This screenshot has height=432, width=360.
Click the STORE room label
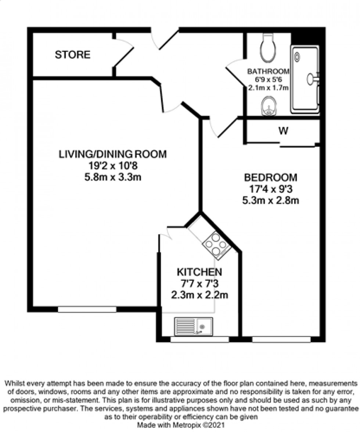pyautogui.click(x=72, y=55)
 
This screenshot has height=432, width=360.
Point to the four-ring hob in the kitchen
pyautogui.click(x=216, y=245)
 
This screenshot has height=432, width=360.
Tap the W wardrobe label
pyautogui.click(x=282, y=131)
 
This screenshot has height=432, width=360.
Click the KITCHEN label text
pyautogui.click(x=199, y=272)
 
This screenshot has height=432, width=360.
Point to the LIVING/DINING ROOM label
pyautogui.click(x=113, y=154)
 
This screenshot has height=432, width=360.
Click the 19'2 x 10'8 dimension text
pyautogui.click(x=113, y=166)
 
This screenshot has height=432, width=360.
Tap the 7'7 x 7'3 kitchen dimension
pyautogui.click(x=199, y=284)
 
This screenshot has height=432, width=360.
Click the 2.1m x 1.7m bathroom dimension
pyautogui.click(x=269, y=87)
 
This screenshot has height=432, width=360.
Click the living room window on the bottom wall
pyautogui.click(x=87, y=309)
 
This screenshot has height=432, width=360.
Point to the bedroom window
pyautogui.click(x=281, y=340)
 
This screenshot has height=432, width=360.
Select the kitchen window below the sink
pyautogui.click(x=199, y=340)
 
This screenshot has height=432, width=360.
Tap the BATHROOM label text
pyautogui.click(x=268, y=71)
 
